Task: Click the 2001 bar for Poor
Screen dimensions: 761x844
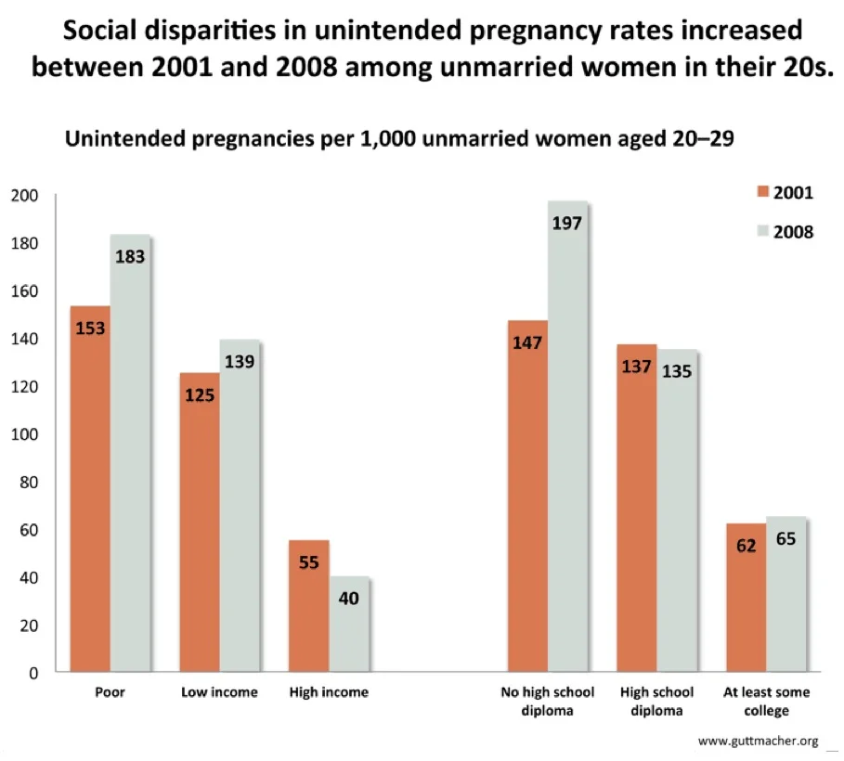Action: click(90, 488)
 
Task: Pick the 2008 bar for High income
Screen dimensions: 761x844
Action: click(349, 624)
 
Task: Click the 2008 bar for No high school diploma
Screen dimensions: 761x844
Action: click(567, 436)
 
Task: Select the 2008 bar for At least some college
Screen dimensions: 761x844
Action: click(786, 594)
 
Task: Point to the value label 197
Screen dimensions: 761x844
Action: click(567, 223)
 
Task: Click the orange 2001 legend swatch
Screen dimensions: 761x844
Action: click(763, 193)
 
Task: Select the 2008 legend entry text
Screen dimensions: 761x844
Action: click(794, 232)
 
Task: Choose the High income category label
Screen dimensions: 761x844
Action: click(329, 692)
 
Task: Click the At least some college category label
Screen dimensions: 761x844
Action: click(766, 702)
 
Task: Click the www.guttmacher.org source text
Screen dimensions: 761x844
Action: click(758, 741)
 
